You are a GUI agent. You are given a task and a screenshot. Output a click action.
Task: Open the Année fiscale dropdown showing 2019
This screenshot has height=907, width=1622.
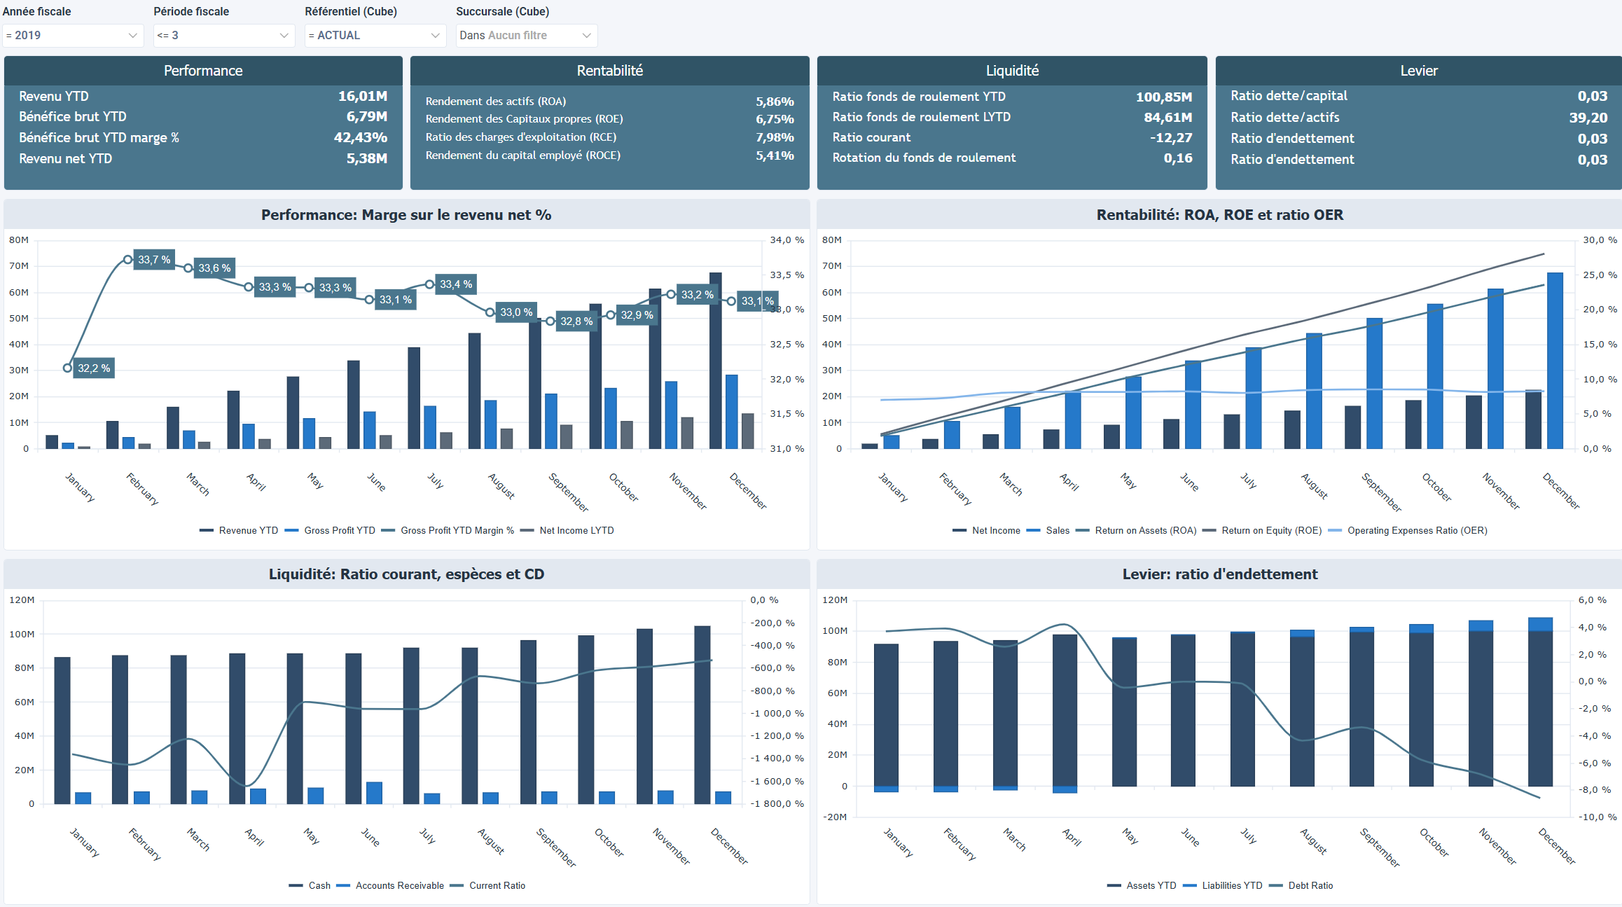coord(72,35)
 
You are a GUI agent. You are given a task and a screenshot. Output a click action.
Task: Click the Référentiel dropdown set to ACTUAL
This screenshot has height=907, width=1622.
coord(375,35)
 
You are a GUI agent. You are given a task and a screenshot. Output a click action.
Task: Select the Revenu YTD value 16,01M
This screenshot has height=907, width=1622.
coord(362,96)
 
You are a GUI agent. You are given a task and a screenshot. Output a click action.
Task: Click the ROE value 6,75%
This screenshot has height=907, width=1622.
coord(774,119)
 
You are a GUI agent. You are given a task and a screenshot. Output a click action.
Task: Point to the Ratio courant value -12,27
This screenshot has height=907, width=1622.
coord(1170,138)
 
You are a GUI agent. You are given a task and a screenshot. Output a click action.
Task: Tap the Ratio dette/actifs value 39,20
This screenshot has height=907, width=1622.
coord(1588,118)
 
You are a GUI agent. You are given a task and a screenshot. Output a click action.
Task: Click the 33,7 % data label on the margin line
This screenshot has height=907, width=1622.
coord(154,260)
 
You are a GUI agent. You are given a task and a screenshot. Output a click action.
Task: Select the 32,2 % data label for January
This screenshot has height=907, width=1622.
coord(94,368)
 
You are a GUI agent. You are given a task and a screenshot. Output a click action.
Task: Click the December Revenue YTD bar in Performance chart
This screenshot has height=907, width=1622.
coord(715,361)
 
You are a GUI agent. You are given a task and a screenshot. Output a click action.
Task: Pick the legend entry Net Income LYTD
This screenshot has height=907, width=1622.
coord(576,531)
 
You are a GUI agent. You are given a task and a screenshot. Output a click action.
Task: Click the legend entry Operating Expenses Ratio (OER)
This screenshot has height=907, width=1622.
coord(1416,531)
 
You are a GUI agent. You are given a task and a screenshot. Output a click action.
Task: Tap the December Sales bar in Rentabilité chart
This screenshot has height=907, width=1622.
coord(1555,361)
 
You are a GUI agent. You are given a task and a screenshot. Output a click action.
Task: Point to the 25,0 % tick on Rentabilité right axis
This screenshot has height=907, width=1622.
coord(1600,275)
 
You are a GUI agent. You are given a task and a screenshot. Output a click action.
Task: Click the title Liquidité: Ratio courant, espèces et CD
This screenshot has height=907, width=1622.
coord(406,574)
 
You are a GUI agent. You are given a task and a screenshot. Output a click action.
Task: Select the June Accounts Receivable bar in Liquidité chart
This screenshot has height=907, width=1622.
coord(374,793)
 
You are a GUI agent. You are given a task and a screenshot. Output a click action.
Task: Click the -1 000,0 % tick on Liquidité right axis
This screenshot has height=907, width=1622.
coord(777,714)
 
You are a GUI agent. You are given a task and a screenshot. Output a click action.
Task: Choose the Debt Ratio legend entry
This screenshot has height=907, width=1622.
coord(1310,886)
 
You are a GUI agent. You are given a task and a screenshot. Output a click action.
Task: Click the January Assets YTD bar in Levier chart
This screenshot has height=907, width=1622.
coord(886,714)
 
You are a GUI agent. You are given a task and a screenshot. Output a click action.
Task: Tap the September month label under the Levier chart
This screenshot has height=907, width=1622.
coord(1380,847)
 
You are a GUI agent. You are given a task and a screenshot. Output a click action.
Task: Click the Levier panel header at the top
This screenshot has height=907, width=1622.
coord(1418,71)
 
